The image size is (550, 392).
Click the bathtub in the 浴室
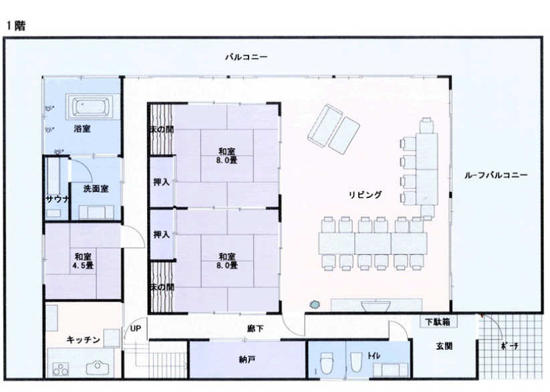(90, 107)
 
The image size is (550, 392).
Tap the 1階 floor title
(16, 25)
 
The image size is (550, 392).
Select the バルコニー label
(246, 57)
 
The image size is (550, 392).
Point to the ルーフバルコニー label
(496, 175)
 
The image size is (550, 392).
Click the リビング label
(365, 195)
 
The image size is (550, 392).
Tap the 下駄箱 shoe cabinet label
(438, 322)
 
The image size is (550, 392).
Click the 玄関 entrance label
(444, 346)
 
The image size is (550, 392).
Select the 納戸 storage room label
(247, 359)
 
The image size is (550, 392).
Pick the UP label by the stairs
(136, 328)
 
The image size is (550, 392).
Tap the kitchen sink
(98, 368)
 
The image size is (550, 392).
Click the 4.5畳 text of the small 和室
(83, 266)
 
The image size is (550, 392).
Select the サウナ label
(58, 199)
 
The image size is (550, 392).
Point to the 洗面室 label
(96, 189)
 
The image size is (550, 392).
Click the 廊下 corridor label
(255, 328)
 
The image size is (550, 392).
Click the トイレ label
(374, 356)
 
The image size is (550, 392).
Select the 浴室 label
(82, 129)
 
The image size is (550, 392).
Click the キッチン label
(84, 340)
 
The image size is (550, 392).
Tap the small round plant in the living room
(315, 304)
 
